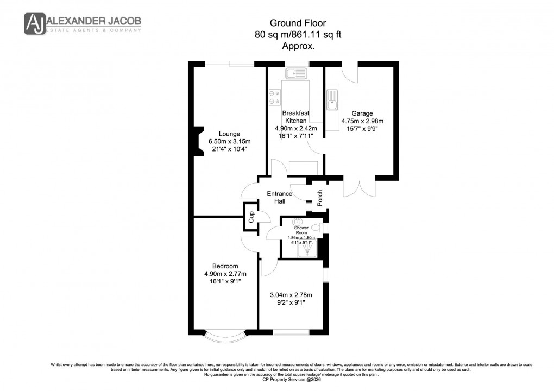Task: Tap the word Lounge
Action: [229, 134]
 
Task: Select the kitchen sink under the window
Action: [296, 73]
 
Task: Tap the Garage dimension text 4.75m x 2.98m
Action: [362, 121]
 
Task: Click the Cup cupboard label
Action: [251, 217]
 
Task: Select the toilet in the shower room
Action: [324, 228]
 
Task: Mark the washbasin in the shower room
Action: [297, 222]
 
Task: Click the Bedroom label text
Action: [225, 266]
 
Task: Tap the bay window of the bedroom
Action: [224, 338]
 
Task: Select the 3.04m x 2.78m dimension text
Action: [292, 295]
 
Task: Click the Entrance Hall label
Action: [279, 198]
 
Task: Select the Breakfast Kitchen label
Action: [295, 117]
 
